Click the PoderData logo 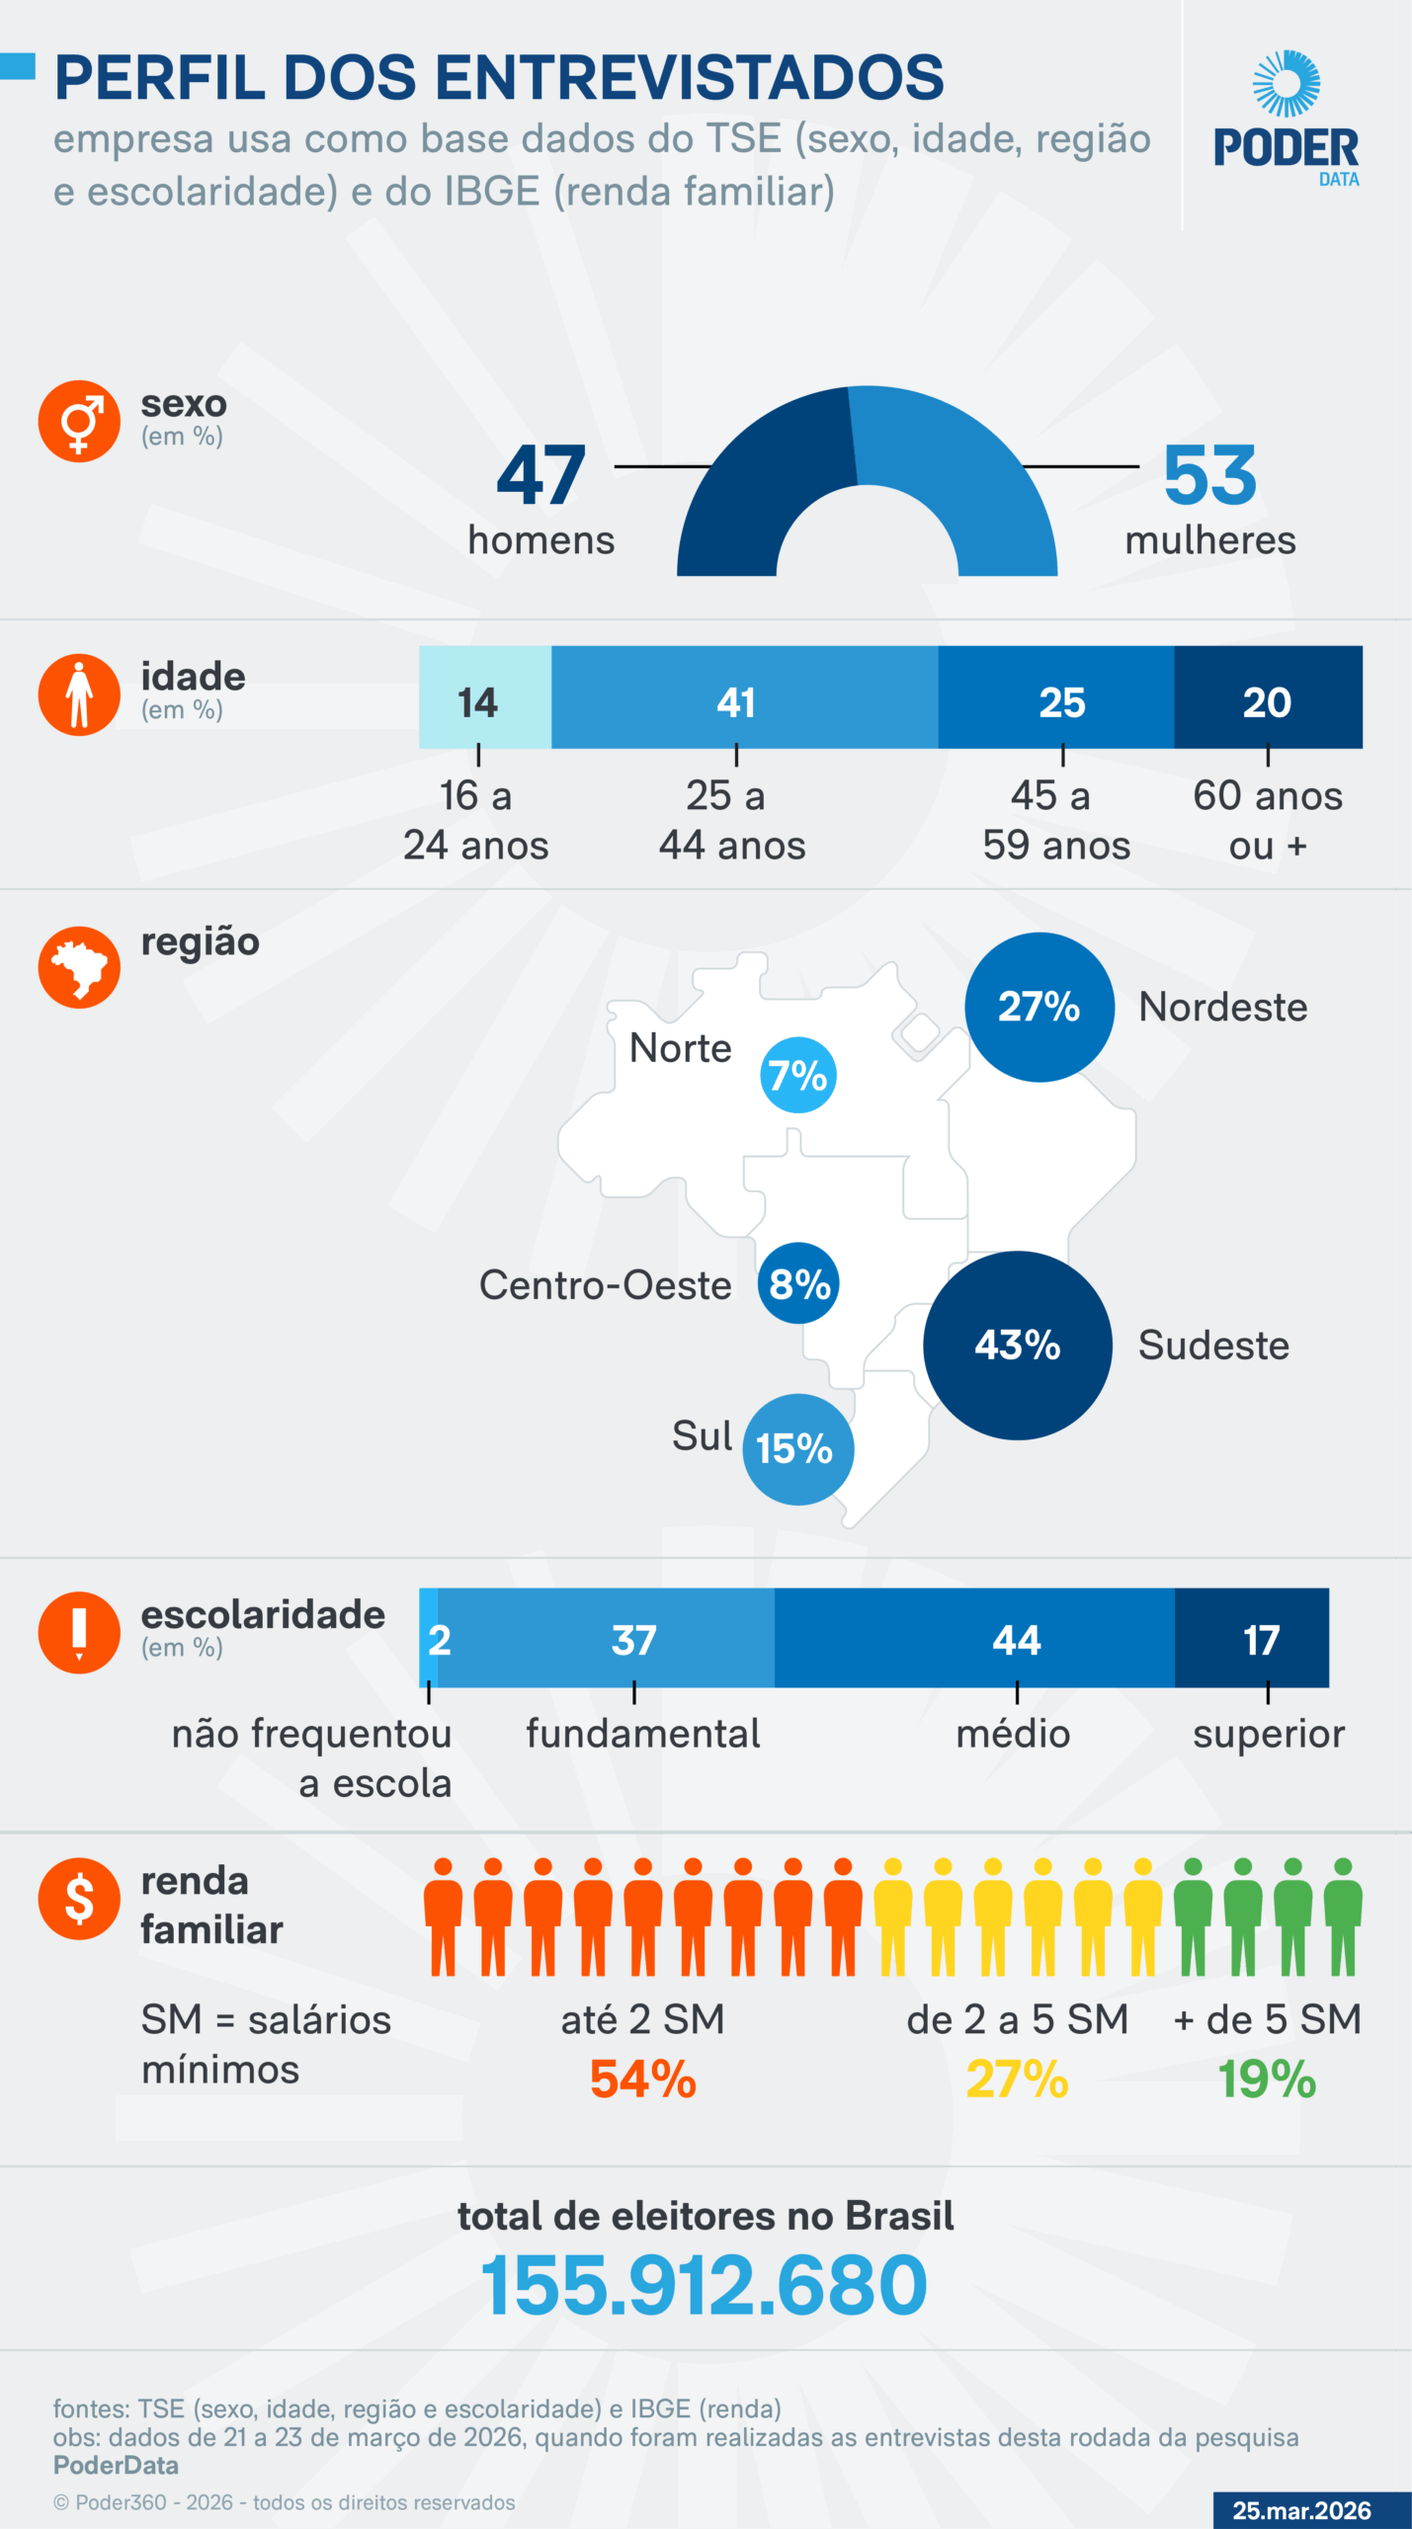1286,119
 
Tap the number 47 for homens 540,475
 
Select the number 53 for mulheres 1209,475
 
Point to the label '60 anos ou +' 1267,820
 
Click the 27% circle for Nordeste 1039,1007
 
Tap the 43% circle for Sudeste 1017,1345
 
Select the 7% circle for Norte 797,1075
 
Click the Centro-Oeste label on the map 605,1285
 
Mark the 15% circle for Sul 796,1449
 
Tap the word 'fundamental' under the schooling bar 642,1734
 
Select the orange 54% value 642,2080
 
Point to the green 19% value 1267,2080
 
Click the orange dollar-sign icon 79,1899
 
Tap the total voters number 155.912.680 704,2286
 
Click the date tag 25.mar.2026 1301,2510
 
